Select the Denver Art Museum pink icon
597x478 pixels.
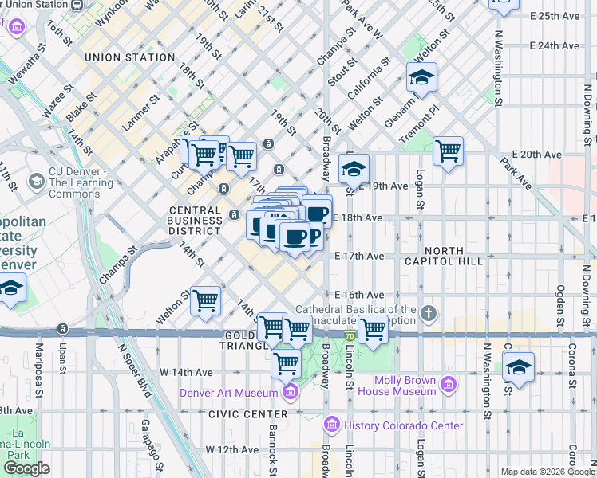click(x=291, y=392)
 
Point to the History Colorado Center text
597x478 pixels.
click(x=404, y=425)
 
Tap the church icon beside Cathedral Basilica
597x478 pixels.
click(x=429, y=313)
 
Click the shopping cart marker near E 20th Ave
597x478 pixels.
click(x=448, y=150)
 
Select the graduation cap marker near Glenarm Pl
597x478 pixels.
click(x=421, y=77)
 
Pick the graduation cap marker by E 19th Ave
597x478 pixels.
click(x=354, y=169)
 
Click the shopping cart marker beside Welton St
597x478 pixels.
click(x=206, y=300)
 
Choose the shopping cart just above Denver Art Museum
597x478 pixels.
click(x=286, y=363)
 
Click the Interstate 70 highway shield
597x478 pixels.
click(x=350, y=337)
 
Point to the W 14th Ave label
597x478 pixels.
click(x=186, y=372)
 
